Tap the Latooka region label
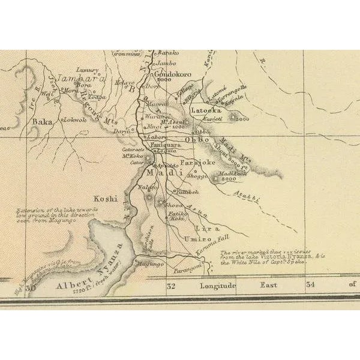pos(206,110)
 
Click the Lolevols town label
pos(76,119)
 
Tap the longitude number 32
pos(170,286)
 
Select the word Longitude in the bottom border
pos(219,286)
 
